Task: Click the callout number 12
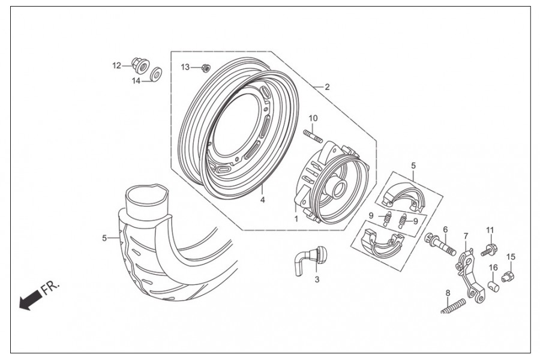[x=116, y=65]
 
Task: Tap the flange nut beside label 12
[x=136, y=63]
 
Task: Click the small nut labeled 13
[x=206, y=68]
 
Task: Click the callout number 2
[x=327, y=87]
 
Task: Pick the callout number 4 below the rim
[x=262, y=200]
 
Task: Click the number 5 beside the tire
[x=105, y=238]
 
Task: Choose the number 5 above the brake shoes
[x=413, y=164]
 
